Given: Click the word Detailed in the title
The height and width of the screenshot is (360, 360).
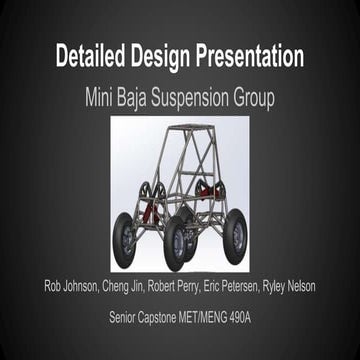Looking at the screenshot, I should coord(97,55).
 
